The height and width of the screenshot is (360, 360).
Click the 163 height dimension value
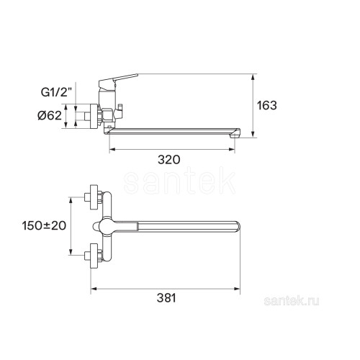pos(267,105)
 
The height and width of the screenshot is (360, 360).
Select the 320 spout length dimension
pos(169,160)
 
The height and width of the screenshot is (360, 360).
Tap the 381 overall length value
pos(166,298)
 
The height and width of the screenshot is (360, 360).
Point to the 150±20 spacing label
pos(44,225)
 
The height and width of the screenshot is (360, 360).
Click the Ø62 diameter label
pos(50,116)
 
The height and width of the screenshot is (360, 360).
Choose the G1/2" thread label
pos(56,92)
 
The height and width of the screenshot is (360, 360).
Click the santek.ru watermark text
pos(292,301)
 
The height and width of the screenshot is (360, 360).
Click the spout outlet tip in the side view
pos(235,134)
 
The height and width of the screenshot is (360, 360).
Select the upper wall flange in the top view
pos(94,197)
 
